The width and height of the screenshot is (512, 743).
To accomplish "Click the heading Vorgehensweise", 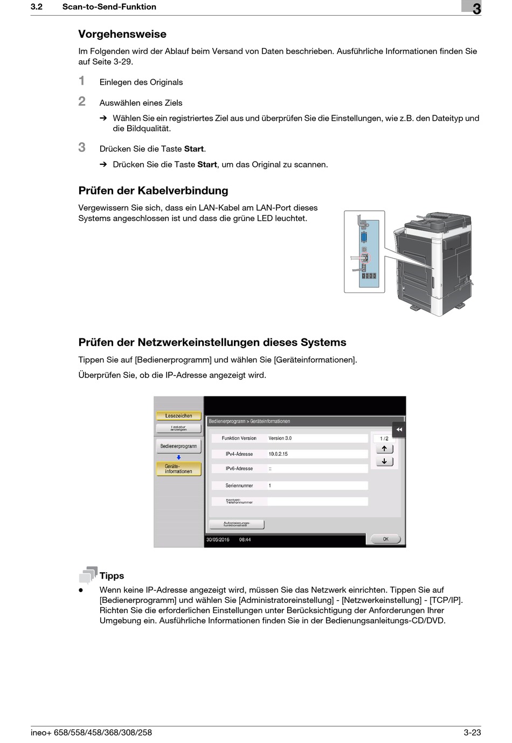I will click(122, 34).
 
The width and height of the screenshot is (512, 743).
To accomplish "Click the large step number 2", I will click(82, 101).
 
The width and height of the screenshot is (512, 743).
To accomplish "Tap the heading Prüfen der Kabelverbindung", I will click(153, 191).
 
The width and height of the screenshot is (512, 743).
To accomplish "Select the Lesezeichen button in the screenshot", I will click(178, 416).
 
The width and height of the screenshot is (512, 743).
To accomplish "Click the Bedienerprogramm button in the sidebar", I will click(178, 446).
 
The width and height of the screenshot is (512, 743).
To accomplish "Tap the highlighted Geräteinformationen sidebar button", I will click(178, 469).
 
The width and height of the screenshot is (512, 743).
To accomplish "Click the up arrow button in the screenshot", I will click(384, 449).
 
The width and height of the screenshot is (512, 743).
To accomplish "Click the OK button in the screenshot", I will click(385, 539).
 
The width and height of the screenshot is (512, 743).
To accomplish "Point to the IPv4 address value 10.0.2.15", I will click(278, 454).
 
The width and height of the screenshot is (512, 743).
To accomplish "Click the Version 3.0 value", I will click(280, 439).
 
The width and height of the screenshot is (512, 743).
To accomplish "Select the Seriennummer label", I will click(239, 485).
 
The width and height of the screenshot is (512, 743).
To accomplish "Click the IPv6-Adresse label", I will click(239, 469).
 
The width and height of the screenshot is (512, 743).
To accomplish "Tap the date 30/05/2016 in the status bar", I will click(218, 539).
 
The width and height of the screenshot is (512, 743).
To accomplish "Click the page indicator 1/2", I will click(384, 439).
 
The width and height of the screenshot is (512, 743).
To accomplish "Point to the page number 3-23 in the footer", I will click(472, 732).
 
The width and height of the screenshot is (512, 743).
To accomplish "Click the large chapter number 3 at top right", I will click(476, 9).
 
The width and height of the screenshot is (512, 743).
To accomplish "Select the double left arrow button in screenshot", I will click(399, 430).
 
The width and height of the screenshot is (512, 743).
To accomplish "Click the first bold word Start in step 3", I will click(194, 149).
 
